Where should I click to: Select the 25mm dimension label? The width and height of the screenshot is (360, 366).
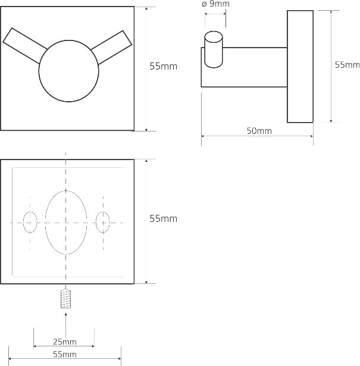coord(64,342)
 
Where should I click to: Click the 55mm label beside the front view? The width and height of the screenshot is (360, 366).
coord(163,67)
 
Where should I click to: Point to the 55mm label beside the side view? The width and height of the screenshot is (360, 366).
coord(347,65)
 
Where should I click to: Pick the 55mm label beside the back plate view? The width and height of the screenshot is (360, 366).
coord(163,219)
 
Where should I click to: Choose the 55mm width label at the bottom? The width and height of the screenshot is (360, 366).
coord(64,354)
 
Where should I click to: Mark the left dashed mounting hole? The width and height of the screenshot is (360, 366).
coord(30,221)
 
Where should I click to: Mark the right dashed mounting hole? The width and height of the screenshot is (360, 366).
coord(103,221)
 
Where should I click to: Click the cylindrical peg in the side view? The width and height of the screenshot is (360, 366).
coord(213,50)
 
